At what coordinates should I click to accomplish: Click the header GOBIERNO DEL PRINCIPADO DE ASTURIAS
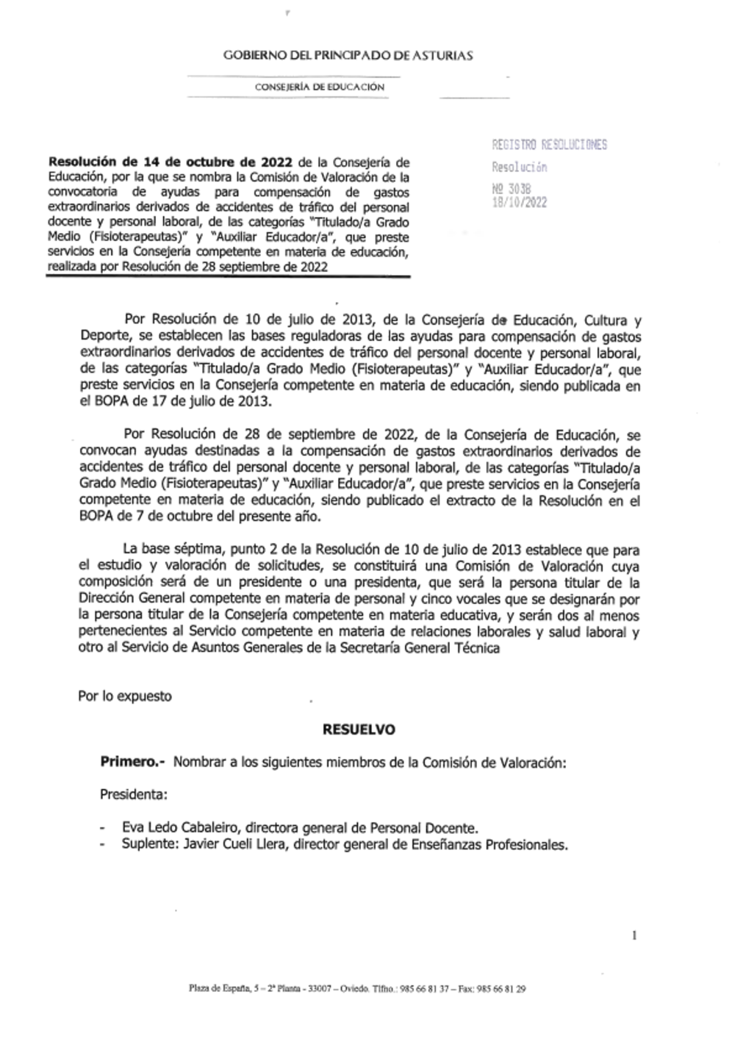[348, 55]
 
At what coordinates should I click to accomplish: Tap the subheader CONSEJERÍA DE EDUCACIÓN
[320, 87]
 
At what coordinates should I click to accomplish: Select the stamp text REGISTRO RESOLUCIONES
[549, 145]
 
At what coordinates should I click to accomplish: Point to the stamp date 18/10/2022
[519, 203]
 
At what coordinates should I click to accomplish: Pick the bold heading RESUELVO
[359, 730]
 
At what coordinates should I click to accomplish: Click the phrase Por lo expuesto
[125, 696]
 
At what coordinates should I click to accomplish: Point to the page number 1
[634, 935]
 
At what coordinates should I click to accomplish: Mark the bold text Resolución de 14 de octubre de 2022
[171, 162]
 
